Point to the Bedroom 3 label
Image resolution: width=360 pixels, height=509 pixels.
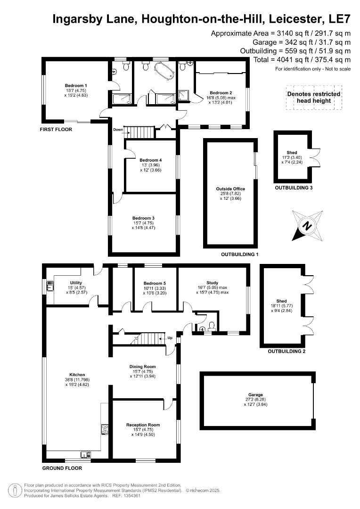click(x=144, y=218)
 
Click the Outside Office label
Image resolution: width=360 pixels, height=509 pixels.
click(x=230, y=189)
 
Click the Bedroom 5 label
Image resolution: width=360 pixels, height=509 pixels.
click(x=155, y=283)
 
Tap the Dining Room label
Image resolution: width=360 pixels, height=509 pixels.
click(x=142, y=366)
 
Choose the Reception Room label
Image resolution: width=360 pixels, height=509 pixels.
click(x=143, y=425)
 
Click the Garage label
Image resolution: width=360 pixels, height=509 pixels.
click(x=256, y=394)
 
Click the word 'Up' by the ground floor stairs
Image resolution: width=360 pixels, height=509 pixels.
click(x=170, y=338)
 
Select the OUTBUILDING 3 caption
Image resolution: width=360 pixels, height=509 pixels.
click(x=294, y=188)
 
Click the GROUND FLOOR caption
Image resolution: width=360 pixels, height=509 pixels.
click(x=62, y=468)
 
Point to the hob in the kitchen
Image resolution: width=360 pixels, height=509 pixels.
click(x=105, y=429)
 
